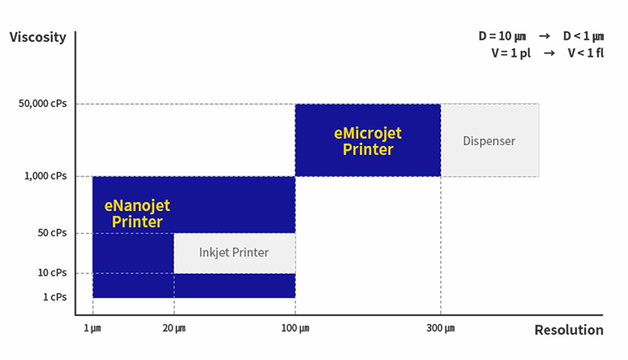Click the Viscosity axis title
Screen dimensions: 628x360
pos(38,37)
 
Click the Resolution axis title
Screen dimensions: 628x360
pos(569,330)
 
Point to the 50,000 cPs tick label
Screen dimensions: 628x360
pos(42,103)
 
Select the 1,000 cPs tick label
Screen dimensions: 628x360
pos(45,176)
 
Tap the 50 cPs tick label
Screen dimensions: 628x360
pos(52,233)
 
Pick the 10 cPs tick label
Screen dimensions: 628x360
pos(52,273)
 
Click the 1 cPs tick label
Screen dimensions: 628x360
pos(55,297)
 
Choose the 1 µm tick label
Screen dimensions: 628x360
pos(92,328)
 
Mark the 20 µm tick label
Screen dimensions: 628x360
pos(174,328)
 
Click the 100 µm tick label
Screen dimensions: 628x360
pos(295,328)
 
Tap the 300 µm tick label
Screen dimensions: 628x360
pos(440,328)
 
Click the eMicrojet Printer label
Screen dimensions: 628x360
pos(368,142)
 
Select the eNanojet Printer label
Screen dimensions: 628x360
pos(137,213)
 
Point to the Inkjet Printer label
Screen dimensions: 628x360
pos(234,253)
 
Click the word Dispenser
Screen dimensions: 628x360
pos(489,141)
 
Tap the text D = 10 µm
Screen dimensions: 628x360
pos(502,37)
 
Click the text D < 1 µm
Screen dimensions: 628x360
pos(583,37)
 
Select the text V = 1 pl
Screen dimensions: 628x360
pos(511,53)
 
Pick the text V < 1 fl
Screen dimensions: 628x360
pos(586,53)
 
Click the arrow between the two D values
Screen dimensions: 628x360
pos(545,37)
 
